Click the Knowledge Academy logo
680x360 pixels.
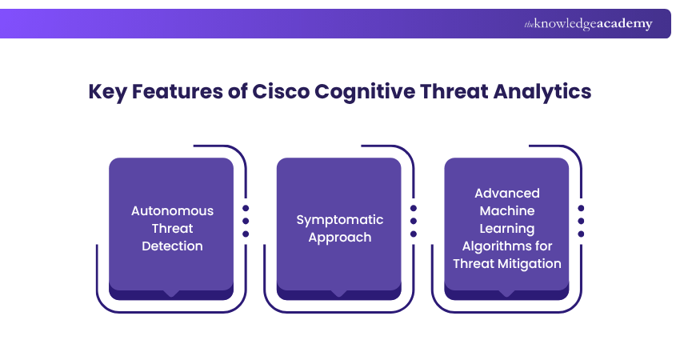[588, 24]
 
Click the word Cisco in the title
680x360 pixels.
[280, 91]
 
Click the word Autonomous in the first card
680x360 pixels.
[172, 211]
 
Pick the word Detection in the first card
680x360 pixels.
[172, 246]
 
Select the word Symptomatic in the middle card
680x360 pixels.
[340, 219]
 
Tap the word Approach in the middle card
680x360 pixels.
[340, 237]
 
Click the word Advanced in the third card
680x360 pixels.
[507, 193]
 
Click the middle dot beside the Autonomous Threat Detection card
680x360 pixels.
[246, 220]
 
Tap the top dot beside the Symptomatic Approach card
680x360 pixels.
[414, 207]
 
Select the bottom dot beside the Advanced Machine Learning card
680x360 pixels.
[581, 234]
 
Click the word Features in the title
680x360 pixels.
[182, 91]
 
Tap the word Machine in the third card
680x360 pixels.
[507, 210]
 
